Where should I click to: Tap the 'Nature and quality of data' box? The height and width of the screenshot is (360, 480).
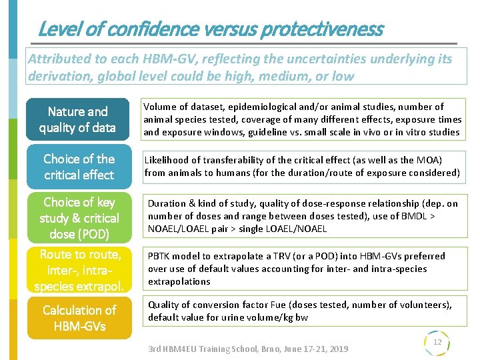[x=77, y=119]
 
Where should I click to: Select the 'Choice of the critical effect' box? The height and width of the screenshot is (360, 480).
[x=79, y=167]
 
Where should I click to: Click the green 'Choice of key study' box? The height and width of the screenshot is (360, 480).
[x=79, y=218]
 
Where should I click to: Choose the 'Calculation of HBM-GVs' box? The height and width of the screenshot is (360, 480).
[x=79, y=318]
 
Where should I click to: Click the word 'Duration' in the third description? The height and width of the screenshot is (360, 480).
[x=167, y=203]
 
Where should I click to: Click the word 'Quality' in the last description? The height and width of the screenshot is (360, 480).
[x=164, y=305]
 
